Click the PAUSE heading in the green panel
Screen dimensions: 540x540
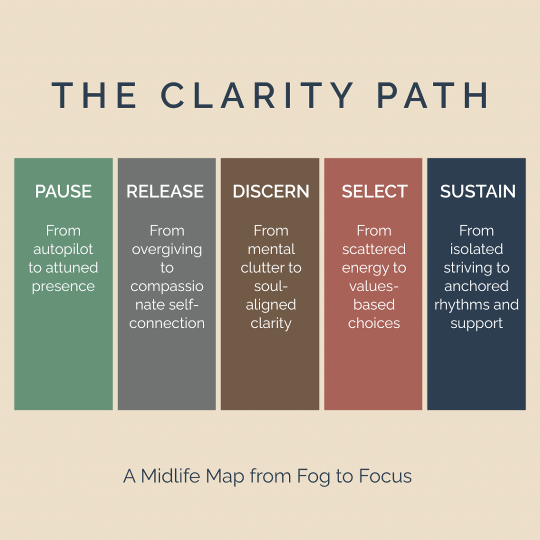(63, 191)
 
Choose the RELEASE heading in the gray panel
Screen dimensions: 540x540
(165, 191)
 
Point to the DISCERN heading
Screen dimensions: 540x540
(271, 191)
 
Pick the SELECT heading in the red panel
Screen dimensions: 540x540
(374, 191)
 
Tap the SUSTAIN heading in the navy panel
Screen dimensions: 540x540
(478, 191)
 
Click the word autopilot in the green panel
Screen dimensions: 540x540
(63, 249)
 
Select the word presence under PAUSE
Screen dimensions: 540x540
(63, 286)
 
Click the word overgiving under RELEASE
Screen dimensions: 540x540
(167, 249)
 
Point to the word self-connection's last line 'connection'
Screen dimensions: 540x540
(167, 323)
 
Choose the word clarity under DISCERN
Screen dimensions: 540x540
(271, 323)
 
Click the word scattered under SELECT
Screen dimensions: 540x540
(374, 249)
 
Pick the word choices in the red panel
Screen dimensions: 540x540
(374, 323)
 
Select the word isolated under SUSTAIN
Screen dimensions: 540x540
(476, 249)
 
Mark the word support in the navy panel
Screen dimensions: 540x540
(476, 323)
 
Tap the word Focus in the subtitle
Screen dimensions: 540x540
(385, 476)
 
